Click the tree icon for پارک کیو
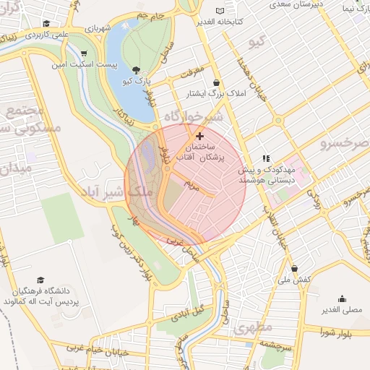(x=137, y=70)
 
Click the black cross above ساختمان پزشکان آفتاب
(x=199, y=135)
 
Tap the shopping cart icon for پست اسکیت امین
(x=85, y=53)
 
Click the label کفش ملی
(x=294, y=278)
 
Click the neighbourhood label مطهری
(x=254, y=327)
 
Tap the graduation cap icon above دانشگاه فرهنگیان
(x=41, y=280)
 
